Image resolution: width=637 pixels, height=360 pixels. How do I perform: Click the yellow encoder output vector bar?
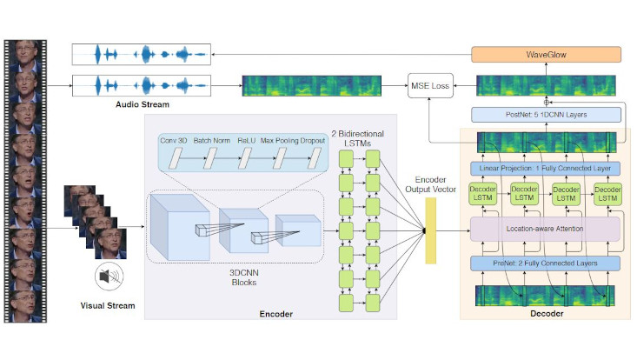[430, 230]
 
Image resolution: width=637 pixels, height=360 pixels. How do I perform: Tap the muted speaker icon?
[106, 278]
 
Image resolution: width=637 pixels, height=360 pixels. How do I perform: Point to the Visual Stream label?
[105, 305]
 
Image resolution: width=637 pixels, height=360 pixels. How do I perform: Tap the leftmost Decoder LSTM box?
[482, 194]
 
